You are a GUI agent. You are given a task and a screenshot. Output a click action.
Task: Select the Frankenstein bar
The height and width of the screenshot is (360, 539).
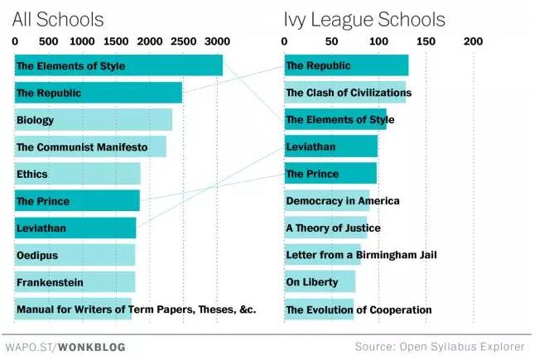[x=75, y=282]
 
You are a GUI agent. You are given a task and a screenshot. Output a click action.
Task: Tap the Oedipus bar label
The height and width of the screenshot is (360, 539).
[x=37, y=256]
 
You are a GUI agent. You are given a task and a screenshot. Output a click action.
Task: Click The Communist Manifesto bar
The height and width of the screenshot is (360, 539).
[x=90, y=147]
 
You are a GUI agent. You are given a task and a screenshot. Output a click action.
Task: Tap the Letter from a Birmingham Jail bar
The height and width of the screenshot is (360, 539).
[x=323, y=255]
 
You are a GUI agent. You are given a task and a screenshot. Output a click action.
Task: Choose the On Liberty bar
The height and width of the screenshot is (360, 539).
[x=320, y=282]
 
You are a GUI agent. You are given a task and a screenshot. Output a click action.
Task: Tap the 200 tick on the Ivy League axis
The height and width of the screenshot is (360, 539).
[x=473, y=41]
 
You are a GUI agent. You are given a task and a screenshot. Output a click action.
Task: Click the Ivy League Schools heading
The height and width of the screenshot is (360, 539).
[x=363, y=19]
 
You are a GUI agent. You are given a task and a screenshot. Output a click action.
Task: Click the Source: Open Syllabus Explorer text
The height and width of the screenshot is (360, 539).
[x=440, y=347]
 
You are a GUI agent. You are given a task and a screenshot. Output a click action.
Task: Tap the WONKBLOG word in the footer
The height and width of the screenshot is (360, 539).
[x=93, y=348]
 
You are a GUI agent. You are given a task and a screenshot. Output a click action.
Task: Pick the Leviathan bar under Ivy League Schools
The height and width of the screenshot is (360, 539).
[x=330, y=147]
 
